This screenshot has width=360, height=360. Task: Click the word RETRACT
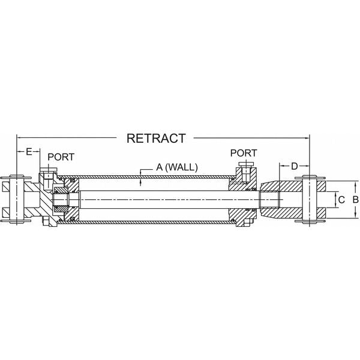(156, 138)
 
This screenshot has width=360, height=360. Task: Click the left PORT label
(61, 157)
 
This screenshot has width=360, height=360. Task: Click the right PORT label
(243, 153)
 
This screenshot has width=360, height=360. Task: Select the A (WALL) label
(177, 168)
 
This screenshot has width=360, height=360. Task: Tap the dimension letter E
(28, 152)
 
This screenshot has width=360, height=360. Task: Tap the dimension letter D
(294, 166)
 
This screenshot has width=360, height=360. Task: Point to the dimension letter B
(355, 199)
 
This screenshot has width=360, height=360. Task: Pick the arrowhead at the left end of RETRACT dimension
(18, 137)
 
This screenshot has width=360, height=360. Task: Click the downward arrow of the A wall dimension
(140, 173)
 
